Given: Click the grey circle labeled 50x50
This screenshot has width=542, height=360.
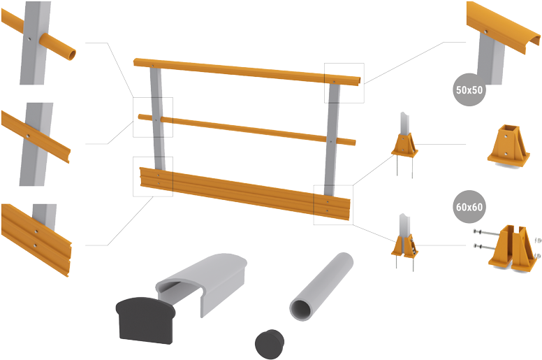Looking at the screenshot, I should click(x=470, y=90).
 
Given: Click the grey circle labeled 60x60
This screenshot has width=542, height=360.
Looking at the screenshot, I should click(x=470, y=206).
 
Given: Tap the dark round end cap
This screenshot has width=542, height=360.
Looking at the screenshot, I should click(x=270, y=344).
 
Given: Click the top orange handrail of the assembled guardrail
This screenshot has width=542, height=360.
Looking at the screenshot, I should click(x=244, y=71).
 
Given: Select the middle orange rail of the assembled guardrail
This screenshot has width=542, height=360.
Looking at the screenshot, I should click(x=244, y=127).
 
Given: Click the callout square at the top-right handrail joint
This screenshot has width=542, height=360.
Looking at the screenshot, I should click(x=344, y=82).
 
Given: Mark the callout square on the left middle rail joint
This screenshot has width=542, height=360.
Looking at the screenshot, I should click(x=152, y=117).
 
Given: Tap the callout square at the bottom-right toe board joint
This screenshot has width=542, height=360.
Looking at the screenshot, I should click(x=332, y=205).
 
